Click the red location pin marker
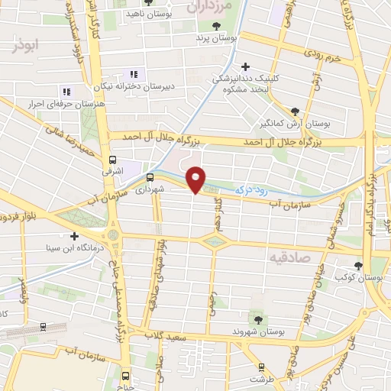pos(196,179)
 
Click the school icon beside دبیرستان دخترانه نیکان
pos(134,74)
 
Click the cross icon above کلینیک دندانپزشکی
pos(245,66)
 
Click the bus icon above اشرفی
pos(113,160)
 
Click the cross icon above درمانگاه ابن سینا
pos(73,235)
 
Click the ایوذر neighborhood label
pos(24,46)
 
